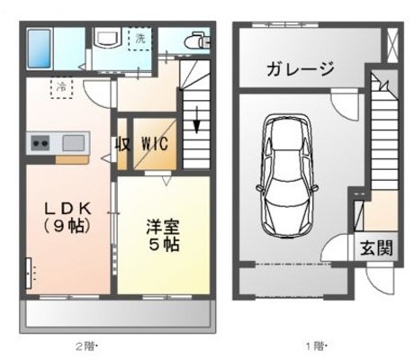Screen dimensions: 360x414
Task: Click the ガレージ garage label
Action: click(301, 69)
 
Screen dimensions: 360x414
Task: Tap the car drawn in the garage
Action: click(287, 170)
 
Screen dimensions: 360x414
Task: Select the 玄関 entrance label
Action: click(377, 248)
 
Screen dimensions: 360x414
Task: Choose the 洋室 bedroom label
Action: click(163, 226)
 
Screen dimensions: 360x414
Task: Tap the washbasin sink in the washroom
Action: click(107, 40)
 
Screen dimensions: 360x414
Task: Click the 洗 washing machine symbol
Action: click(140, 40)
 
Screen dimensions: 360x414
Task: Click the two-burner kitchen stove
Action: click(41, 142)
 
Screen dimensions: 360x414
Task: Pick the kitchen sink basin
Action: click(72, 142)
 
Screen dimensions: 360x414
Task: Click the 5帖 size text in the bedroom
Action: click(164, 245)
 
